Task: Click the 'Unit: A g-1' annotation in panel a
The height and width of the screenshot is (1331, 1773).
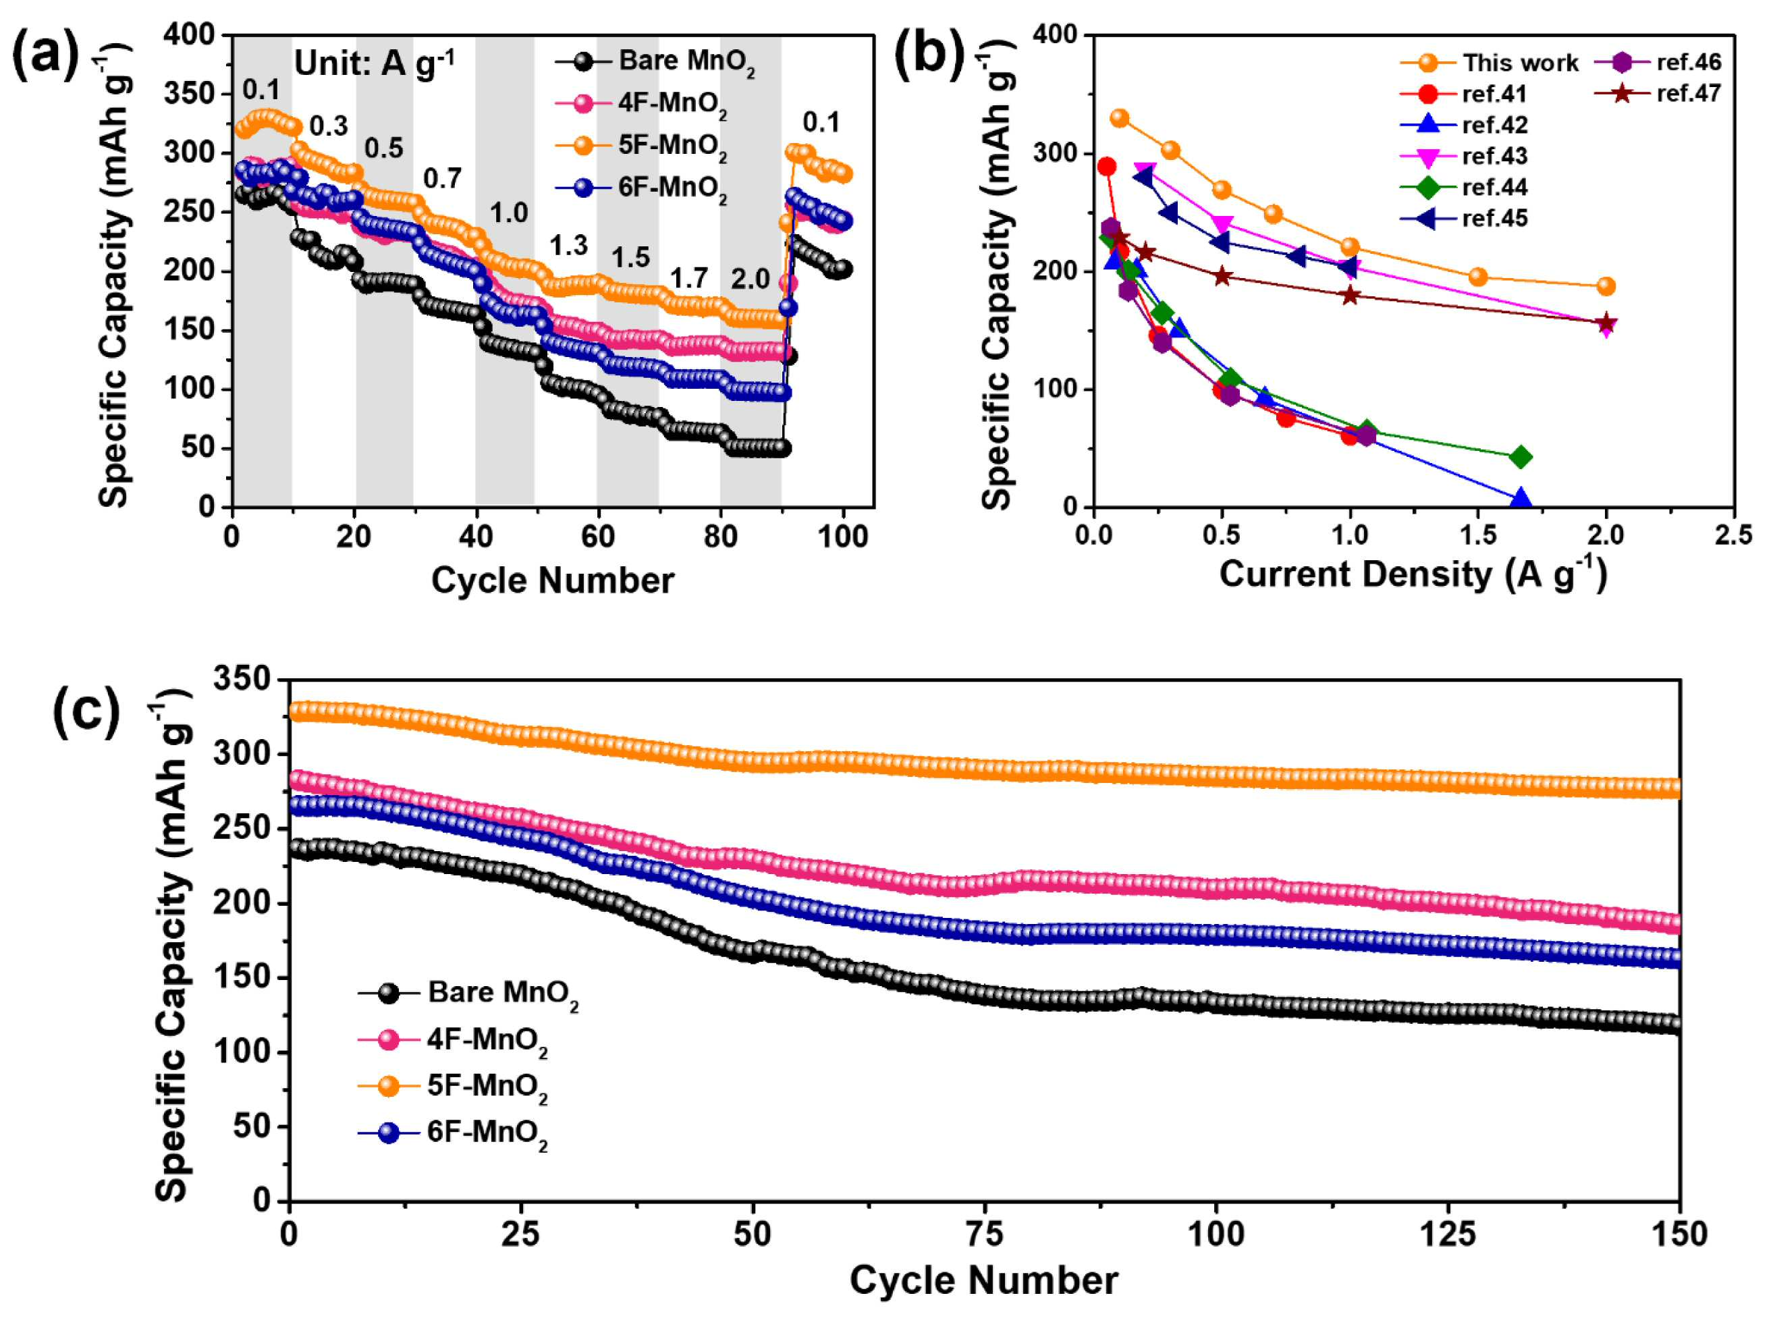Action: click(375, 63)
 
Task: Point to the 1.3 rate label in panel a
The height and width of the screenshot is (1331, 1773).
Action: click(568, 246)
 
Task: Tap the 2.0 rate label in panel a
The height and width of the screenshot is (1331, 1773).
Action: click(751, 279)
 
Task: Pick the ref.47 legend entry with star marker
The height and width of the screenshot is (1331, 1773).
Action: click(1658, 94)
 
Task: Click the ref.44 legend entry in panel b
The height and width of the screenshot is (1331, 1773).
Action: click(1465, 188)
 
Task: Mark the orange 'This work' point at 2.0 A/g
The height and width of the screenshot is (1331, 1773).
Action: click(1606, 286)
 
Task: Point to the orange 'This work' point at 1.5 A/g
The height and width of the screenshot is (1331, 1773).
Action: click(1478, 277)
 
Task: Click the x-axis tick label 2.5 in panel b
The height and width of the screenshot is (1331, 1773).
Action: click(1734, 535)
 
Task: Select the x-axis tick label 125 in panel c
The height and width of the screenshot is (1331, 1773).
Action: click(1448, 1234)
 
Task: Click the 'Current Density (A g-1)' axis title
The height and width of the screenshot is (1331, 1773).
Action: click(1413, 575)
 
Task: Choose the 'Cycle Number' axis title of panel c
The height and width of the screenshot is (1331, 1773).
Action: click(983, 1280)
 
